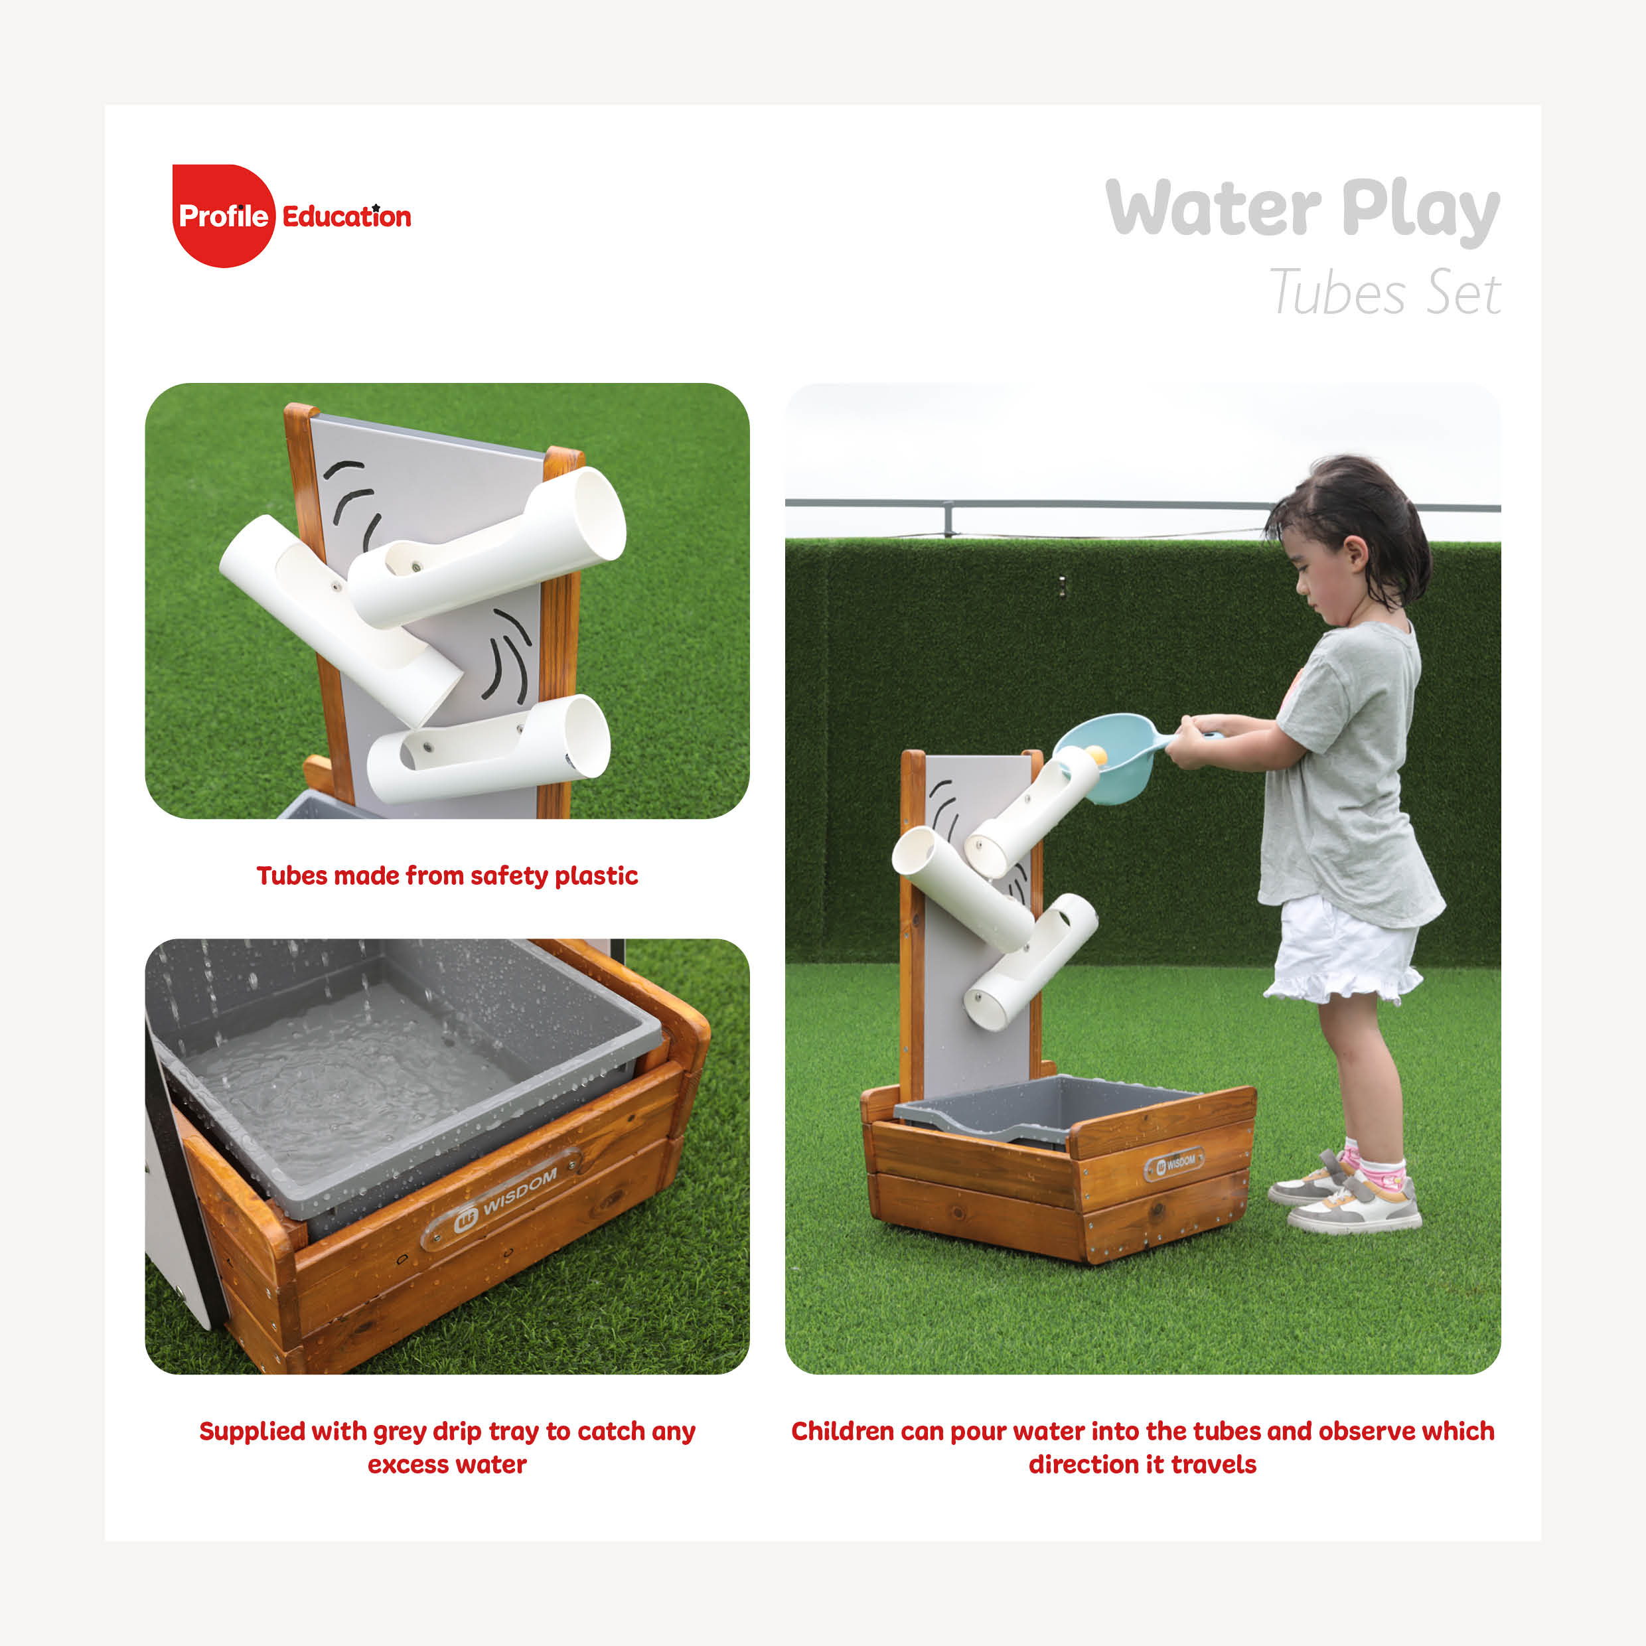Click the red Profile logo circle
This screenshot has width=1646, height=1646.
(x=223, y=216)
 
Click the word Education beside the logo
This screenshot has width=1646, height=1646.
(x=346, y=216)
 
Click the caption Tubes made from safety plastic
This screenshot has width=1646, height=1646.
(x=447, y=876)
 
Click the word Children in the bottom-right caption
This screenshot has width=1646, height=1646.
(x=842, y=1432)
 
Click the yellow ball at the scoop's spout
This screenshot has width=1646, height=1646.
(x=1096, y=755)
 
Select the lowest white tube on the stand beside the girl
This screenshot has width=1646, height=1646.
(x=1030, y=964)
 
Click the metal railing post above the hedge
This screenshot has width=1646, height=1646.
(x=948, y=519)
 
